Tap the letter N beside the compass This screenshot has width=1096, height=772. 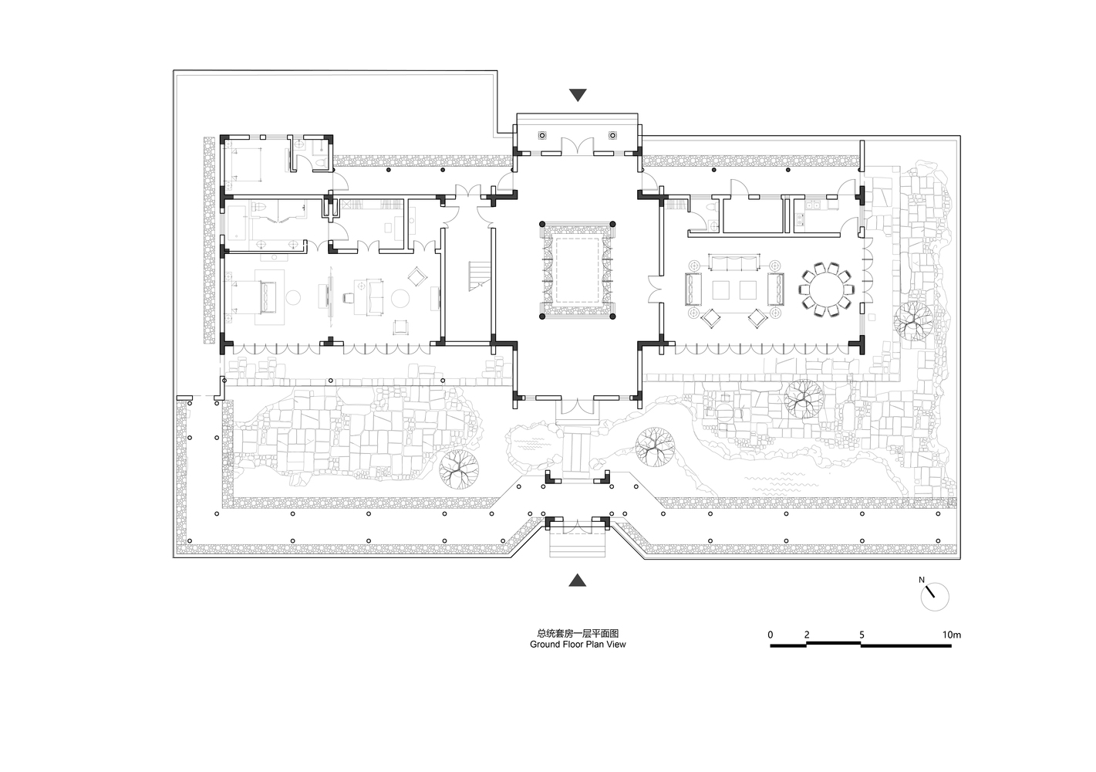(922, 580)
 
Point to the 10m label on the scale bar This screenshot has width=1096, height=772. (952, 635)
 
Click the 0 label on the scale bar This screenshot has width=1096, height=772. (771, 635)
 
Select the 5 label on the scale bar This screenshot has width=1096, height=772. (862, 635)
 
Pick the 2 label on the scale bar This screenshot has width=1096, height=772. (807, 635)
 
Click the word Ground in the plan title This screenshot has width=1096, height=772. (545, 645)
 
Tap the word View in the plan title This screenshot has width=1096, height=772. (616, 645)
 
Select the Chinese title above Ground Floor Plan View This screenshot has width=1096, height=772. (578, 633)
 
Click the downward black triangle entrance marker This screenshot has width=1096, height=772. (578, 95)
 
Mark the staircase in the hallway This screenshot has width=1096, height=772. (478, 276)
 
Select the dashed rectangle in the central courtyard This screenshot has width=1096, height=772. (578, 270)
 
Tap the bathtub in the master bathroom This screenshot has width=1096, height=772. (238, 223)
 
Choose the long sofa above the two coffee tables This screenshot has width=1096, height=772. (734, 262)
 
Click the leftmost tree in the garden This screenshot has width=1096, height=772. (458, 469)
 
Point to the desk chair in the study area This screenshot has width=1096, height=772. (349, 298)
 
